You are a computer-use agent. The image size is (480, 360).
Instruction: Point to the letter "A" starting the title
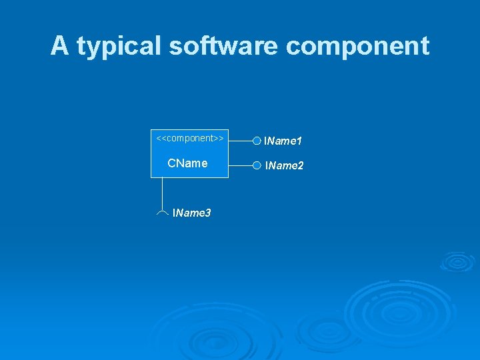coord(59,46)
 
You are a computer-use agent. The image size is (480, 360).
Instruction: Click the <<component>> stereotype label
coord(189,138)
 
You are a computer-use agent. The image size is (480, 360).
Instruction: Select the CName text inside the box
coord(187,163)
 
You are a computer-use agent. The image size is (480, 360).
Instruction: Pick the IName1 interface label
coord(283,141)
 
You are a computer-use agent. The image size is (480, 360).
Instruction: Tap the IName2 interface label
coord(284,165)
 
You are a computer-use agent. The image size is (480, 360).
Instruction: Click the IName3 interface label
coord(192,213)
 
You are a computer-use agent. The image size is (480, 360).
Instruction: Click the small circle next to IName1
coord(257,141)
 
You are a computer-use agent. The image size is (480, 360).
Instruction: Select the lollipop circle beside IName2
coord(257,165)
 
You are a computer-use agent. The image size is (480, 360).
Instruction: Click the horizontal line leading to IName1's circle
coord(241,141)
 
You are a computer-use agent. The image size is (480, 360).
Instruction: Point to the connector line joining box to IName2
coord(241,165)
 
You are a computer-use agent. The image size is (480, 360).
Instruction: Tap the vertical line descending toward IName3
coord(163,193)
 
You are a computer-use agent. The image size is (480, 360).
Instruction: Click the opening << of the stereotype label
coord(160,138)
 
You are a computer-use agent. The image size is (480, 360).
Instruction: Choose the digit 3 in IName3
coord(208,213)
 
